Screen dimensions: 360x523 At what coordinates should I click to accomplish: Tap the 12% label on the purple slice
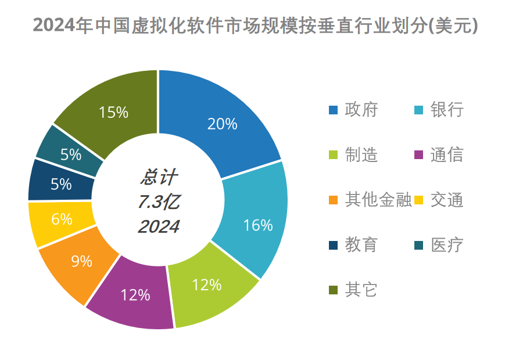[135, 295]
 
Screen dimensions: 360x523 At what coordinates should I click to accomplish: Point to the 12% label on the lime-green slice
[207, 285]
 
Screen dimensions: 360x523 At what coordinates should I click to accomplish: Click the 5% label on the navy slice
[61, 185]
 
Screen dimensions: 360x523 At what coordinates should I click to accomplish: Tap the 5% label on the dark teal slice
[70, 154]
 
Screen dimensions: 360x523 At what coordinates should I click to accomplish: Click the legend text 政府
[361, 109]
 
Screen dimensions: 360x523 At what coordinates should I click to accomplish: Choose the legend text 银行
[447, 109]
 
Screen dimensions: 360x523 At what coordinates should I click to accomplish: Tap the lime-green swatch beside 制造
[333, 155]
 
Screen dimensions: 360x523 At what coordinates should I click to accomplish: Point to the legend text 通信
[447, 154]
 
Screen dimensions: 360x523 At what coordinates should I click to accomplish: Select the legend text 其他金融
[378, 200]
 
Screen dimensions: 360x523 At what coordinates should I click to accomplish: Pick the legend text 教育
[361, 244]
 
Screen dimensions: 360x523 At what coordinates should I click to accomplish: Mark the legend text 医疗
[447, 244]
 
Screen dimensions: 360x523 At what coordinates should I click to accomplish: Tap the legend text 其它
[361, 289]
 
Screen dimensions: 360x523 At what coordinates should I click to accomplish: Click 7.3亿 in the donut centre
[159, 202]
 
